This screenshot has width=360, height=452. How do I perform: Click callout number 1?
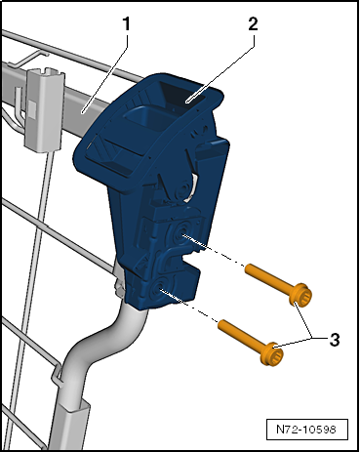click(126, 23)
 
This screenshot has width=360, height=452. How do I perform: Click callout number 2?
click(253, 23)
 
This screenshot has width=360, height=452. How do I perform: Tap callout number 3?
click(335, 340)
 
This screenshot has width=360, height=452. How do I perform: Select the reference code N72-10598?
click(306, 430)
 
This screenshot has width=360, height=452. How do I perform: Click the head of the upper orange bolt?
click(300, 295)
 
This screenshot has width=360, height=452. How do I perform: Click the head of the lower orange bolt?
click(271, 354)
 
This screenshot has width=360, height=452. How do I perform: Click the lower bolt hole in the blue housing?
click(160, 288)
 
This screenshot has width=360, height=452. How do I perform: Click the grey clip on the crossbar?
click(45, 109)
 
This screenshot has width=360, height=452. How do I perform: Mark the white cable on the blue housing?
click(192, 188)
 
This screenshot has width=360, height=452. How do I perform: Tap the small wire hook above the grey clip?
click(32, 58)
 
